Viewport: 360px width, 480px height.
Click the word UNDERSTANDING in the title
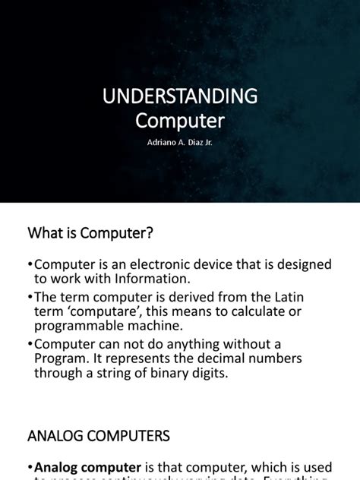[x=180, y=96]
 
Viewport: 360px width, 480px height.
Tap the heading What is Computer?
[x=90, y=234]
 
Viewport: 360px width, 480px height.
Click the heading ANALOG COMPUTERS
[x=99, y=436]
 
